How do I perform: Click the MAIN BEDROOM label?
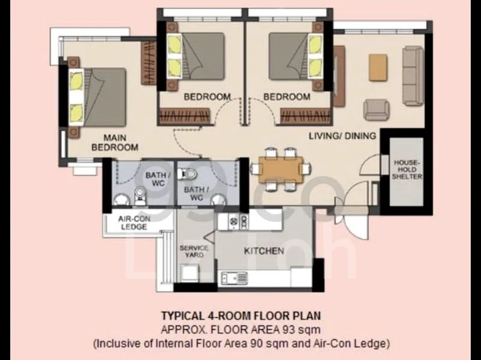115,142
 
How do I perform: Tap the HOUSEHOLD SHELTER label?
407,169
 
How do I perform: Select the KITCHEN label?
264,251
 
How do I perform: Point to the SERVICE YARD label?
194,251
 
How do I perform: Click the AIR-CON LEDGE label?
134,223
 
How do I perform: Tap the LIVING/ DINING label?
342,136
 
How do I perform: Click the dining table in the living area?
281,169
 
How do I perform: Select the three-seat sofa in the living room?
413,76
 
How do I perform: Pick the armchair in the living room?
376,110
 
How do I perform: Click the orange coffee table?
378,67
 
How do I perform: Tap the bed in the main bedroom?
97,97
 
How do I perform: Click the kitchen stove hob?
238,221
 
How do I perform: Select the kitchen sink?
234,278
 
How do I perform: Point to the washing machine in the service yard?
189,273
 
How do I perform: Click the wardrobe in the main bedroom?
149,63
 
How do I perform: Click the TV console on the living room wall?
339,76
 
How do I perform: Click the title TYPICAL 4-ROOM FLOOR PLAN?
241,316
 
